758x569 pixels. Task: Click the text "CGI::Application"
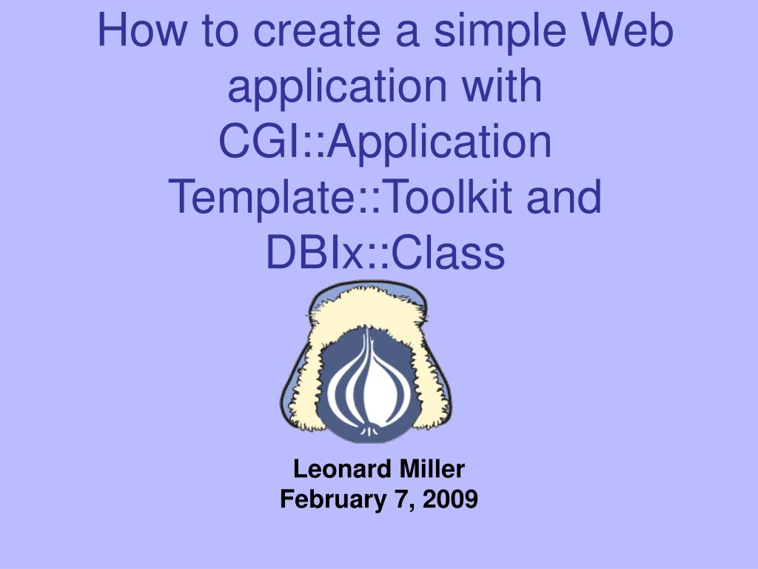385,142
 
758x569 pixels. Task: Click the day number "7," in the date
404,500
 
